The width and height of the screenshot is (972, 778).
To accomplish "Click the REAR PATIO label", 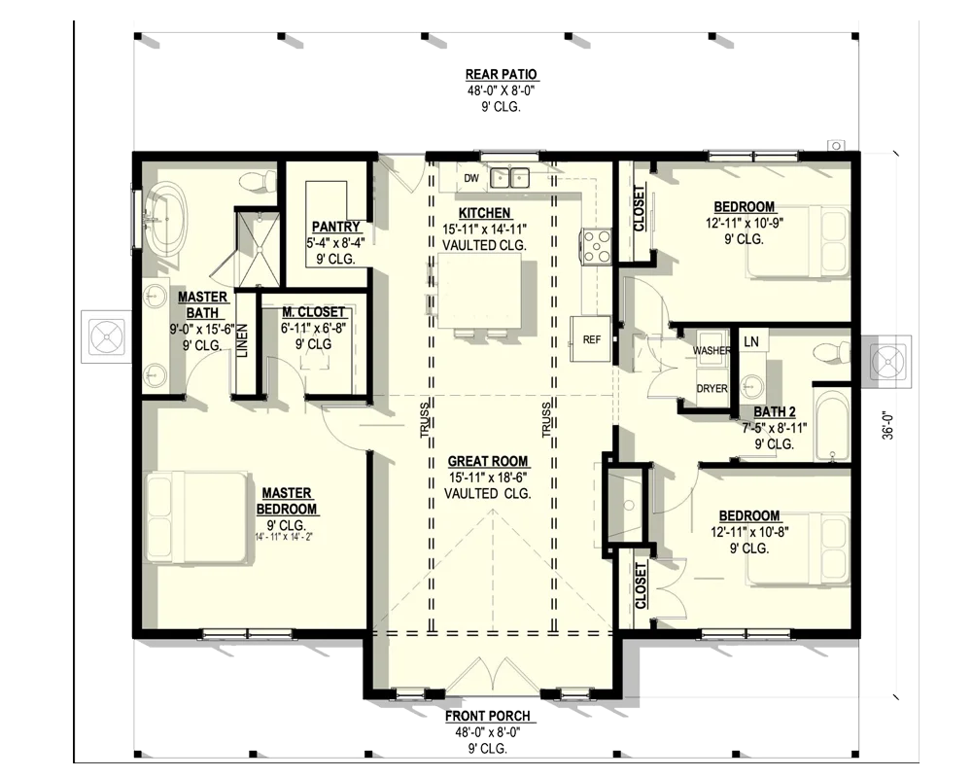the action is click(501, 75).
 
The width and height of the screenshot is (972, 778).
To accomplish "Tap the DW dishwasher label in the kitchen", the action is click(471, 179).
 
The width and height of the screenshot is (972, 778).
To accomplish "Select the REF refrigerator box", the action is click(591, 338).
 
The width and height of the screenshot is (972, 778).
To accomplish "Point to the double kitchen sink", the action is click(509, 178).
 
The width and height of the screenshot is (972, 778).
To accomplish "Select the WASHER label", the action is click(712, 350).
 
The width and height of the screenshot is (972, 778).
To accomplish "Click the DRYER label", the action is click(712, 388).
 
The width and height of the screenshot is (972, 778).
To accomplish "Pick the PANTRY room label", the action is click(335, 227).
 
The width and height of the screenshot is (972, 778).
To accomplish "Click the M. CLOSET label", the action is click(314, 312).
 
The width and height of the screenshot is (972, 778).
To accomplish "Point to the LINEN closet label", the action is click(243, 340).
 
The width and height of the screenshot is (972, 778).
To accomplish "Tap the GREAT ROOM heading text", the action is click(488, 461).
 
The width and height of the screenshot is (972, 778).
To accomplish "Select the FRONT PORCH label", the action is click(488, 717).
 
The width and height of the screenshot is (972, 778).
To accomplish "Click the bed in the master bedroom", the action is click(197, 518).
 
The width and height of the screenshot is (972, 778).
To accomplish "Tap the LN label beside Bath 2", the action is click(750, 342).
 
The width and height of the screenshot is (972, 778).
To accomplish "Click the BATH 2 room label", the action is click(775, 412).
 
